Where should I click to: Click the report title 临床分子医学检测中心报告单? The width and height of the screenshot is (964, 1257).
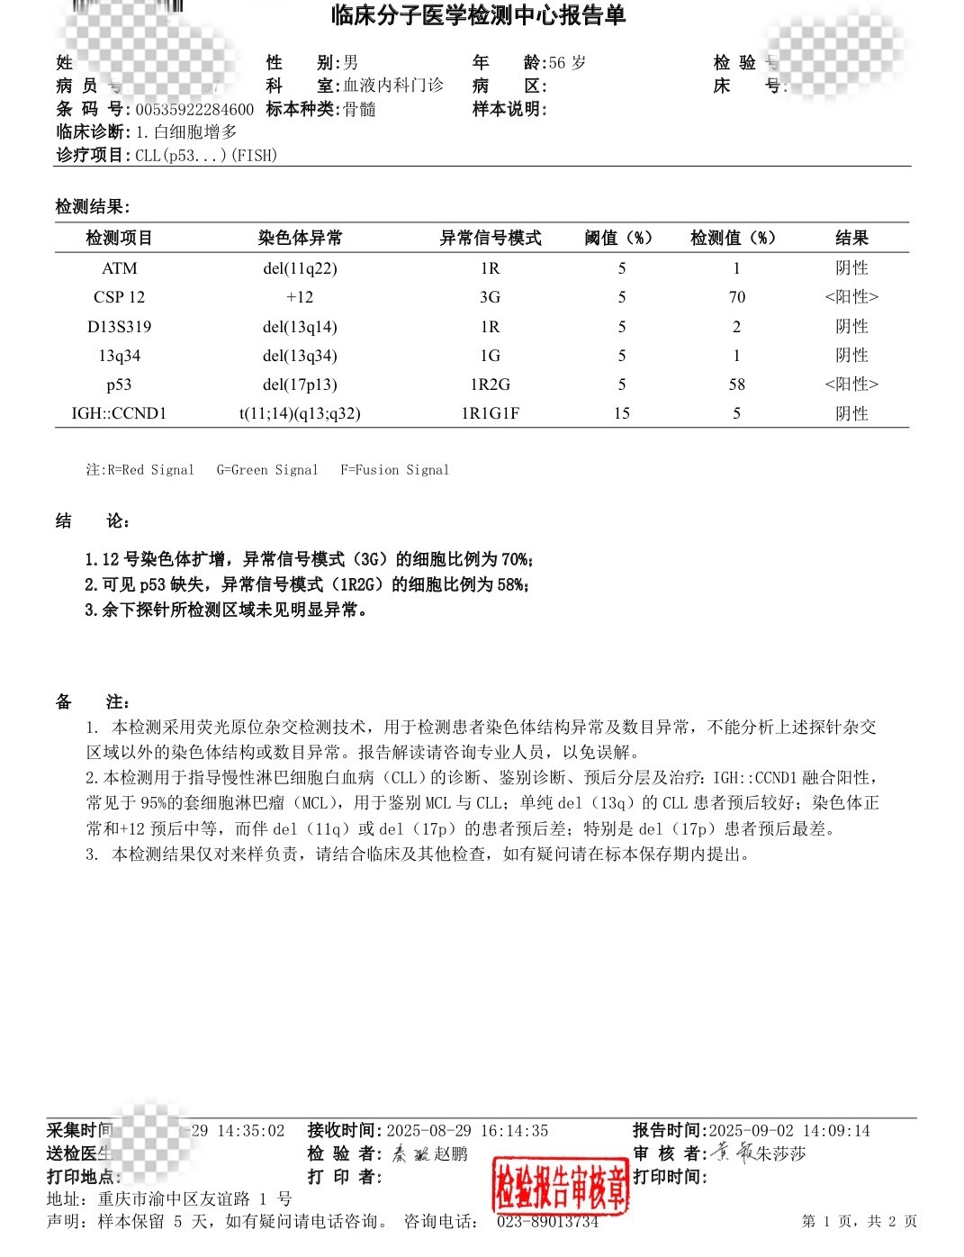(478, 15)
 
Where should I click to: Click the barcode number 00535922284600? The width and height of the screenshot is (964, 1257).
(194, 110)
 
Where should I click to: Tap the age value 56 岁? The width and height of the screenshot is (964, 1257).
(567, 63)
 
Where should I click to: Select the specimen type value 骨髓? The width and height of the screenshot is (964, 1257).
(360, 110)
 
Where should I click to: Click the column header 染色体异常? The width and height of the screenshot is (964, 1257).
(300, 238)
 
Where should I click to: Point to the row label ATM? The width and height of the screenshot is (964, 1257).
(120, 268)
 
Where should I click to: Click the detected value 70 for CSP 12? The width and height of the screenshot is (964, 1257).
(736, 297)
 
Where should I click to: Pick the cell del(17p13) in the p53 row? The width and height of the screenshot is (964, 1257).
(300, 384)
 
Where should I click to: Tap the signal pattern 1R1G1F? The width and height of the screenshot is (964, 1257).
(490, 413)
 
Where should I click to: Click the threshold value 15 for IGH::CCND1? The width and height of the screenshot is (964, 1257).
(621, 413)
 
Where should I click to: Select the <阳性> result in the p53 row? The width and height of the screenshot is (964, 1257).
(851, 384)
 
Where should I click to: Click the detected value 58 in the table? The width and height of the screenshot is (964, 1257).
(736, 384)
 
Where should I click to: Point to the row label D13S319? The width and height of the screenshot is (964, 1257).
(120, 327)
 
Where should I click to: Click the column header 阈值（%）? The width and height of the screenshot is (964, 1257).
(618, 238)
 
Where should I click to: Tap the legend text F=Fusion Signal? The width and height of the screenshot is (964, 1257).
(394, 470)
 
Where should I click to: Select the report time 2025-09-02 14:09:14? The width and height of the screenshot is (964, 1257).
(789, 1131)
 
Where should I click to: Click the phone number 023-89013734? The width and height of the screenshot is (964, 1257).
(547, 1222)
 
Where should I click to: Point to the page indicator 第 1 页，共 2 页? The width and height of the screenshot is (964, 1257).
(859, 1222)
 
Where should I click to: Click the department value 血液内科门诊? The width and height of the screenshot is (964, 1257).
(393, 86)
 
